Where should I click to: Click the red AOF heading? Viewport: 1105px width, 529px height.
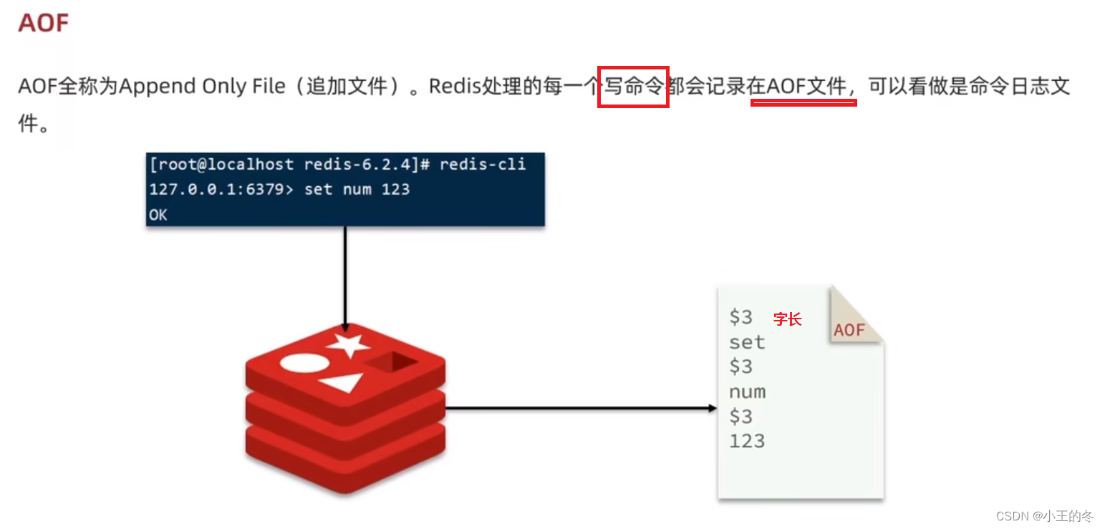coord(43,23)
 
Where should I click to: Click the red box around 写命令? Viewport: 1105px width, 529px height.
coord(633,87)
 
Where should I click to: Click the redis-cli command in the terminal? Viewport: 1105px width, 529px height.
coord(482,165)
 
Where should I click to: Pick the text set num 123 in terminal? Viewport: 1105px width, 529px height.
coord(357,190)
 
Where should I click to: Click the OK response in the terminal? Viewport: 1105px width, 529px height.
coord(158,215)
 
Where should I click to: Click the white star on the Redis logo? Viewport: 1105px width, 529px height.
coord(348,346)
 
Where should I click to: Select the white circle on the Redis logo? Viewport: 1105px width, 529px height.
coord(304,363)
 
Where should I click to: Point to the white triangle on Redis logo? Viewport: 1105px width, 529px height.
coord(343,383)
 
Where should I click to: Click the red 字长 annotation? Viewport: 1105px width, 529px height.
coord(787,320)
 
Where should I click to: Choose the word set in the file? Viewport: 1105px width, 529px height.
coord(746,342)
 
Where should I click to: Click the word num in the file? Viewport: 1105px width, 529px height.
coord(746,392)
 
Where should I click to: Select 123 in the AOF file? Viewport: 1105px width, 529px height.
coord(746,441)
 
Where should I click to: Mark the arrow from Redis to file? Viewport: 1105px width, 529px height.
coord(580,409)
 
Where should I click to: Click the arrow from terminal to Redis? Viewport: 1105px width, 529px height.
coord(344,279)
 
